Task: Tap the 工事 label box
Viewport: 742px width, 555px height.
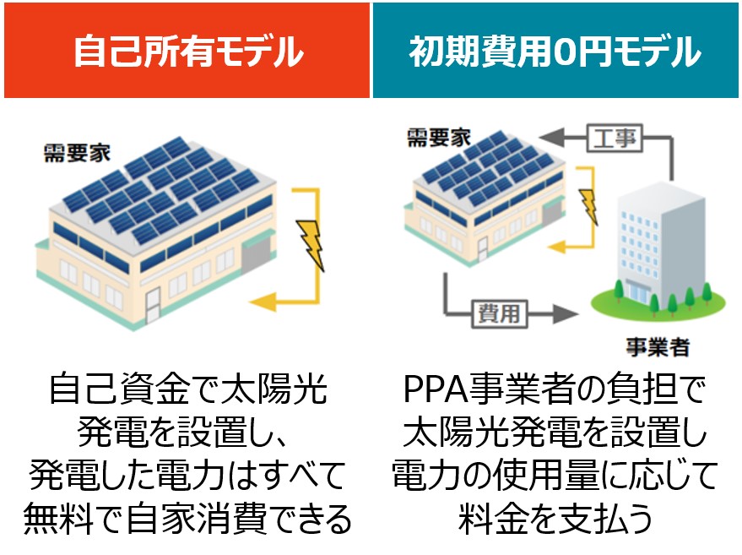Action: [x=615, y=139]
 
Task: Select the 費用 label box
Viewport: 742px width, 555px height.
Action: [x=499, y=313]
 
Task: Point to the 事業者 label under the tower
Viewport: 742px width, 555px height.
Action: [x=658, y=347]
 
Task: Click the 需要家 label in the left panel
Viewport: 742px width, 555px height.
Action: [x=77, y=153]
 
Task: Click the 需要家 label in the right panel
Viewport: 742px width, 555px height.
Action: [x=439, y=138]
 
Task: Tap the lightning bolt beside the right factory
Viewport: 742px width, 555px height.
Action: [x=588, y=206]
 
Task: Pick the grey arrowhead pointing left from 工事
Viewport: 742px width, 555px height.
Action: [x=552, y=139]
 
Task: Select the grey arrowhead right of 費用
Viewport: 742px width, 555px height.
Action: [x=566, y=313]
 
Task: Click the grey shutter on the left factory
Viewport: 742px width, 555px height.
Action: [x=256, y=255]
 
